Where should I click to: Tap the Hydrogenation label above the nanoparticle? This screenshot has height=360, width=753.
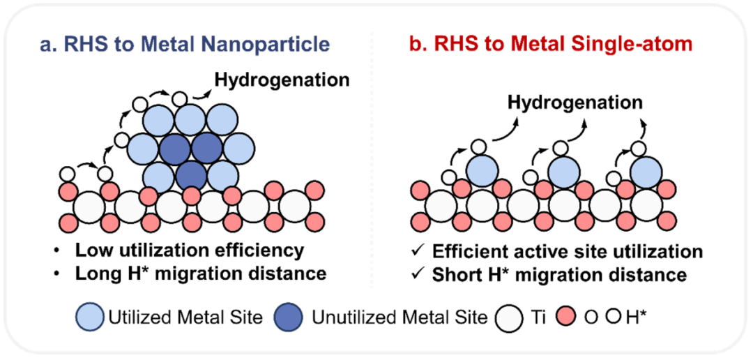pyautogui.click(x=282, y=80)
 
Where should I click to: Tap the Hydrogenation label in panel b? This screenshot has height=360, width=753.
pyautogui.click(x=575, y=103)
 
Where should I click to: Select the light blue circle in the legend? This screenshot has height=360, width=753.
pyautogui.click(x=91, y=317)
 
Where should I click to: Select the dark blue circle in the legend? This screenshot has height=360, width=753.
pyautogui.click(x=294, y=317)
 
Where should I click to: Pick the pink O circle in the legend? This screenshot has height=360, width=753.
pyautogui.click(x=570, y=318)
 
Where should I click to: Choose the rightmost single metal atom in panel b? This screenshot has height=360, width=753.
pyautogui.click(x=647, y=171)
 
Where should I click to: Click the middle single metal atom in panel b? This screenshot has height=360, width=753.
pyautogui.click(x=563, y=171)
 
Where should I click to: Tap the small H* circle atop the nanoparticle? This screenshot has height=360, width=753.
pyautogui.click(x=180, y=98)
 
